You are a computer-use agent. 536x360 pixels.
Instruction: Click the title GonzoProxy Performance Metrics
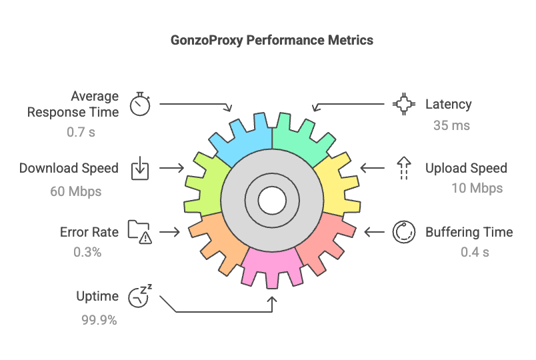[272, 40]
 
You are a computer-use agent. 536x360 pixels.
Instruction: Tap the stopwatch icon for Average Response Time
[140, 104]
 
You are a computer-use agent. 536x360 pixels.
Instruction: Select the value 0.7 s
[81, 132]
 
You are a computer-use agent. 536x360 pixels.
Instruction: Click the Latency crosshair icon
[403, 104]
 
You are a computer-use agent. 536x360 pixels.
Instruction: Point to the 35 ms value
[451, 125]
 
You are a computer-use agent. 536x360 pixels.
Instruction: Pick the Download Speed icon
[139, 168]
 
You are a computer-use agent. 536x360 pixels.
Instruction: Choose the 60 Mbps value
[75, 191]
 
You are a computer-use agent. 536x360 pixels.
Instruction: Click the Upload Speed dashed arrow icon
[403, 168]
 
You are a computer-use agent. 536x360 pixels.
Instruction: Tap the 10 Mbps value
[477, 188]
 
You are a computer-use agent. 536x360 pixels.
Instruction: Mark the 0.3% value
[87, 252]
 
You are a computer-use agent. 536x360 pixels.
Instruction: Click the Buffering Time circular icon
[403, 231]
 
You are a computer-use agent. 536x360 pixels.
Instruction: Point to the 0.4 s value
[475, 252]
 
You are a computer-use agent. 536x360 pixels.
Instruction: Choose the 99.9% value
[99, 320]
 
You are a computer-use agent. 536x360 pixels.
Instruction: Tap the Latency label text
[448, 104]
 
